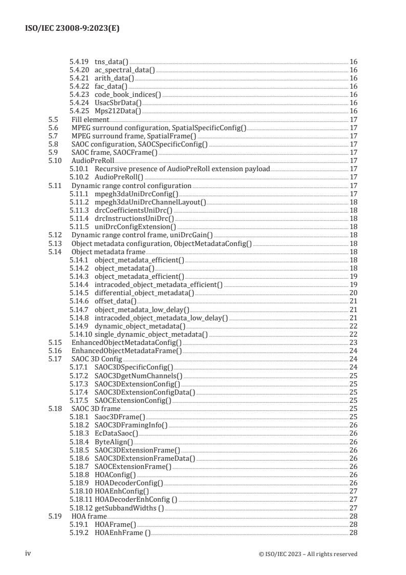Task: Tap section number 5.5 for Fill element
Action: pos(53,119)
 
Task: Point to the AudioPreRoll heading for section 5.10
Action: pos(93,160)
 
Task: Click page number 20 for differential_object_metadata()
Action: pos(353,293)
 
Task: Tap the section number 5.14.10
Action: pos(81,335)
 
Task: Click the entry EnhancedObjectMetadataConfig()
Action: pos(126,343)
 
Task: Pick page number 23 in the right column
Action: pos(353,343)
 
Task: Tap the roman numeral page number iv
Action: pos(29,553)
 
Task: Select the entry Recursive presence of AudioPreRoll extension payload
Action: pos(182,169)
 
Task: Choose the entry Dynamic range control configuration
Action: pos(131,185)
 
